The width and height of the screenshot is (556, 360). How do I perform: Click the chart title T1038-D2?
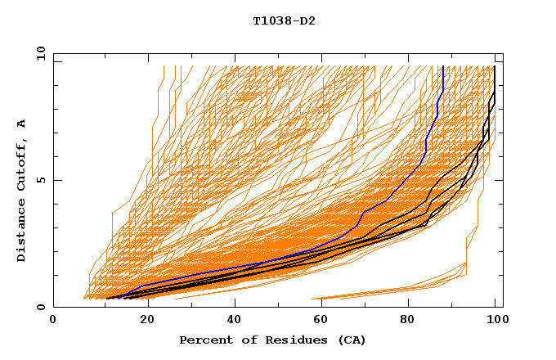click(x=284, y=20)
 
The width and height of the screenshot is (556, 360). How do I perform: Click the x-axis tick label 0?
click(x=53, y=321)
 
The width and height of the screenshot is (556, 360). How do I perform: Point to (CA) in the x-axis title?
click(x=352, y=340)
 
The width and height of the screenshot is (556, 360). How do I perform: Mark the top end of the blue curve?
click(x=442, y=67)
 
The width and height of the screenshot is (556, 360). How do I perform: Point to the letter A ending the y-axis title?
click(x=22, y=123)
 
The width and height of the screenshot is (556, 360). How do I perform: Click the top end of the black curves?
click(x=495, y=67)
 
